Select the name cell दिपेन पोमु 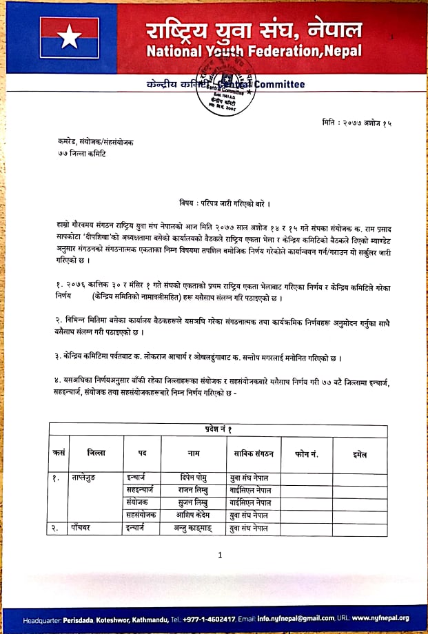(193, 478)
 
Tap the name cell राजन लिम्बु (193, 490)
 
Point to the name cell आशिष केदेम (193, 515)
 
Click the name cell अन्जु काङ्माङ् (193, 528)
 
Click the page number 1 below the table (219, 554)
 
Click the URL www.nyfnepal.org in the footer (385, 618)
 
